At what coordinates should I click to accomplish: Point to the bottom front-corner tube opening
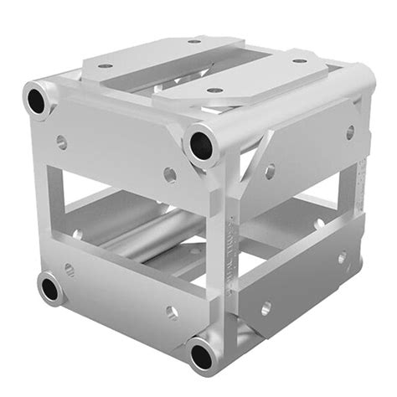tap(201, 356)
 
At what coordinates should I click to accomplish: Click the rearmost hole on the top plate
tap(194, 40)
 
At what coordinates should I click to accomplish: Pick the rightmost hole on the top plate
tap(299, 60)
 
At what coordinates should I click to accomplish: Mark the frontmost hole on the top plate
tap(215, 90)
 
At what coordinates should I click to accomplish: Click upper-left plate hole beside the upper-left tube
tap(61, 142)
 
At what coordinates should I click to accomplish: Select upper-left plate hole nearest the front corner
tap(170, 174)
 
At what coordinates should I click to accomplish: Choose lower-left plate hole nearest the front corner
tap(172, 312)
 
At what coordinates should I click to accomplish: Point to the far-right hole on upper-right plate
tap(349, 131)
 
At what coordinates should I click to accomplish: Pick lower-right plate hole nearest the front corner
tap(266, 307)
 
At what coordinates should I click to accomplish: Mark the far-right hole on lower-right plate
tap(343, 257)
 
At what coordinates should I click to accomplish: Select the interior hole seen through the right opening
tap(318, 224)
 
